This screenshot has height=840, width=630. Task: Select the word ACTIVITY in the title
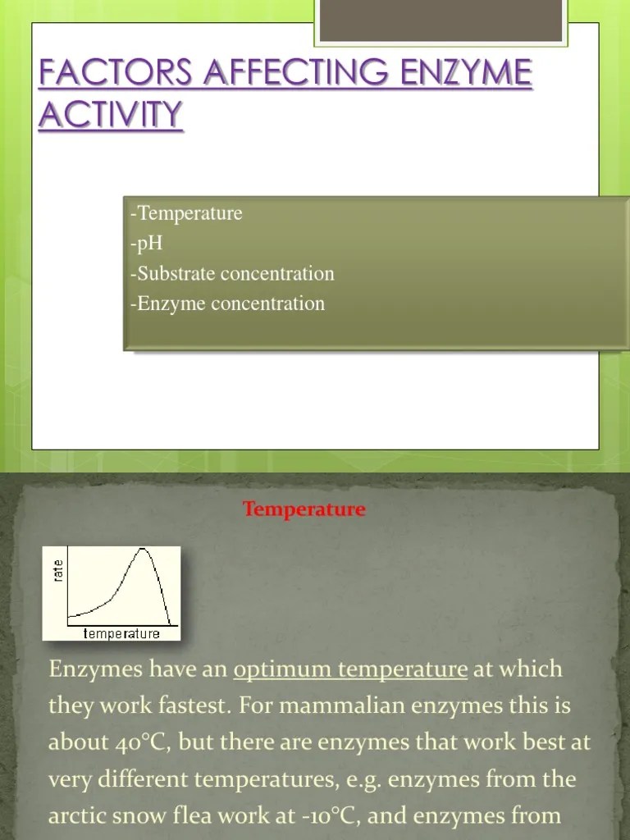tap(110, 114)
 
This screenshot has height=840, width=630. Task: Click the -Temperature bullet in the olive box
tap(186, 214)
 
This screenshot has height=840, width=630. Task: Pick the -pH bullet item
tap(147, 244)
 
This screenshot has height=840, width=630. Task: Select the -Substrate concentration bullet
tap(232, 274)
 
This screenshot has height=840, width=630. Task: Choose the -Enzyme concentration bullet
tap(227, 304)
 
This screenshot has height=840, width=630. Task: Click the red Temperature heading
tap(304, 509)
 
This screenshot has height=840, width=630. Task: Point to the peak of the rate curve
tap(145, 550)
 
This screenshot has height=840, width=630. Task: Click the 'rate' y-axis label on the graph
tap(57, 568)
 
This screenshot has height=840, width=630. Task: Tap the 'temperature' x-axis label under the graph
tap(121, 633)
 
